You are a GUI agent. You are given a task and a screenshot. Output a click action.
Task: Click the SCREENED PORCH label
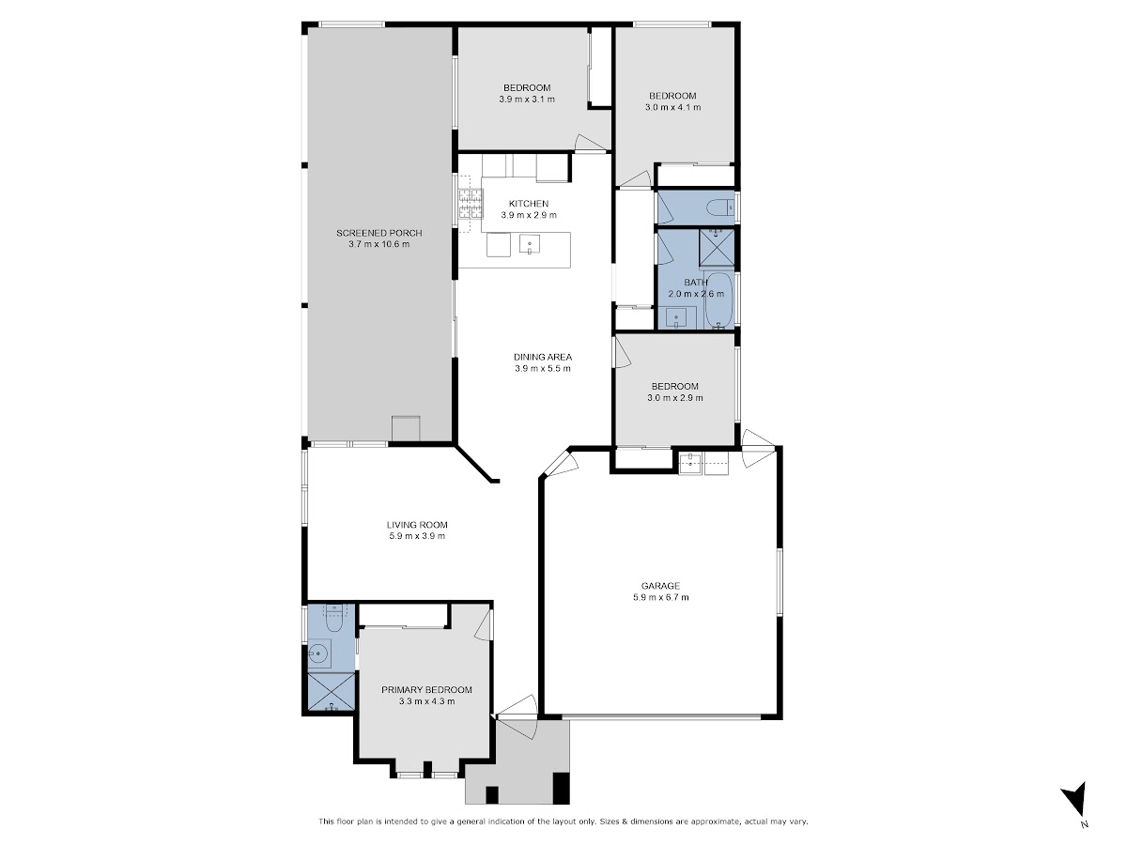(x=378, y=233)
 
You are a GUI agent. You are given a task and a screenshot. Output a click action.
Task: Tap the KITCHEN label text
(x=529, y=204)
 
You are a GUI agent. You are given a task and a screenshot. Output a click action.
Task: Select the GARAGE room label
(x=660, y=586)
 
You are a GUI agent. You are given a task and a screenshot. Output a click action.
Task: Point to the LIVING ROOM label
(x=417, y=525)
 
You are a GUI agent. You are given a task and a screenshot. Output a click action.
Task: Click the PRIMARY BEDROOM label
(x=426, y=690)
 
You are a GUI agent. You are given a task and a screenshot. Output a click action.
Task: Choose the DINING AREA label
(x=543, y=357)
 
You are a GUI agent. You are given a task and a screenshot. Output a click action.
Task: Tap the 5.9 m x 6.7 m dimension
(x=661, y=597)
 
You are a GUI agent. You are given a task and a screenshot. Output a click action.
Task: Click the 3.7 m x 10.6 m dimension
(x=378, y=244)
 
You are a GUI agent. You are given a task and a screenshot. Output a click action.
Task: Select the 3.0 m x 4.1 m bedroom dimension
(x=672, y=107)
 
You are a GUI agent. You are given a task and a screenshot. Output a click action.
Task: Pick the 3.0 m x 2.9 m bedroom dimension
(x=675, y=397)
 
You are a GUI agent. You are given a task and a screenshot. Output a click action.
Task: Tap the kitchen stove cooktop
(x=471, y=204)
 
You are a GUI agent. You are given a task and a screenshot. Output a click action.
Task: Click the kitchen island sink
(x=530, y=244)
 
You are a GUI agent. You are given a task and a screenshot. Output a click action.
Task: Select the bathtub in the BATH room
(x=718, y=300)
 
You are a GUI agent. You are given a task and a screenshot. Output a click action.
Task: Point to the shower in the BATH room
(x=718, y=248)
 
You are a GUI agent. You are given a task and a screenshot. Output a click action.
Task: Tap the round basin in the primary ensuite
(x=319, y=653)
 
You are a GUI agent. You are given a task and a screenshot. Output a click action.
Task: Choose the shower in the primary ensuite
(x=332, y=692)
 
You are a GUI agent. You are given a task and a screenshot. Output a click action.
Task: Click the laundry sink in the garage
(x=690, y=463)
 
